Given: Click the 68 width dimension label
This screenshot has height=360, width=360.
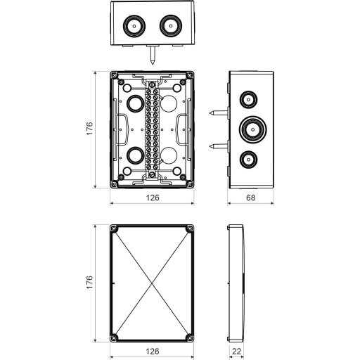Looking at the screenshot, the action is click(250, 198).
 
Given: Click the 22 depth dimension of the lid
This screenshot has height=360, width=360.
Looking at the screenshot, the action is click(236, 352).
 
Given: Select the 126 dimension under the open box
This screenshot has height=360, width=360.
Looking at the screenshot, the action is click(153, 198).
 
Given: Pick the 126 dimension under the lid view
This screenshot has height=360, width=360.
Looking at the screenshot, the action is click(153, 352).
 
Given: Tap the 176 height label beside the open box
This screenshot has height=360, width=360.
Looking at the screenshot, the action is click(90, 129).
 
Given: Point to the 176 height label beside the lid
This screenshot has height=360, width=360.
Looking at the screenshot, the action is click(90, 282).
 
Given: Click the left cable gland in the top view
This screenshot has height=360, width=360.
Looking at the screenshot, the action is click(134, 26).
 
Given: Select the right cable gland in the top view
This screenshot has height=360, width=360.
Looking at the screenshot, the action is click(171, 26).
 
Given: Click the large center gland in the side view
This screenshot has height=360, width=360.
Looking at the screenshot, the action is click(253, 129).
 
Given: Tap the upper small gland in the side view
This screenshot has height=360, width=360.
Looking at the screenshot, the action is click(248, 100).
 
